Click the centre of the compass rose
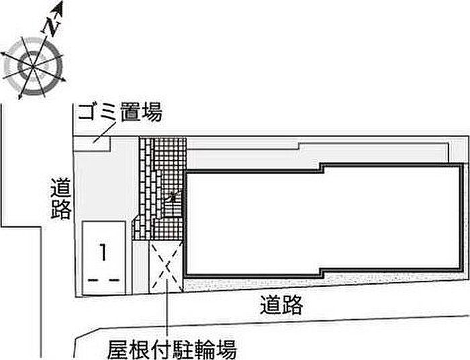(x=32, y=65)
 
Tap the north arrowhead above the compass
(x=58, y=9)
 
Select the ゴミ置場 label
(x=120, y=112)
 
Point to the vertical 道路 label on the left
(x=60, y=199)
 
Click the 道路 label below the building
(x=282, y=306)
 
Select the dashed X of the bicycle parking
(x=166, y=267)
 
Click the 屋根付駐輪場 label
(x=172, y=349)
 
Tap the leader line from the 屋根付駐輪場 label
(x=166, y=316)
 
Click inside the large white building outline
(x=322, y=222)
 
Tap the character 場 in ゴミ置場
(x=152, y=112)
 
